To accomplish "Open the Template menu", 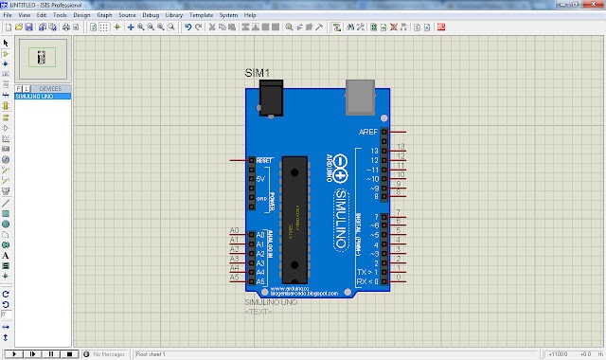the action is click(x=200, y=16).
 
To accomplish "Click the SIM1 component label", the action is click(x=258, y=74).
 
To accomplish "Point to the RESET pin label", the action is click(x=263, y=161).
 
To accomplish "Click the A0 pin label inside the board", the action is click(x=260, y=234).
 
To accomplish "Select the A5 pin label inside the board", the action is click(x=260, y=278).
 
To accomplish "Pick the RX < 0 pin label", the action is click(x=367, y=281).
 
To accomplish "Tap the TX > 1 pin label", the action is click(x=367, y=271).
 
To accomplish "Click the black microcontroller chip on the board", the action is click(x=296, y=209).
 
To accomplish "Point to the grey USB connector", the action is click(x=361, y=94).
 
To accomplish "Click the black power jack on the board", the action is click(x=274, y=97).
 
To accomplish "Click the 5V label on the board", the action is click(x=261, y=178).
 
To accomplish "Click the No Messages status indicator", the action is click(x=110, y=353).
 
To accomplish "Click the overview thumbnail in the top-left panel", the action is click(x=41, y=58).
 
